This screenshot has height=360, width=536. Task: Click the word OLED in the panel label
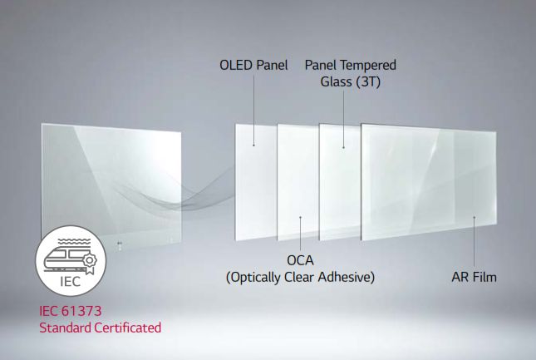pos(236,65)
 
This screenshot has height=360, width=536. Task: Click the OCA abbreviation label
pos(301,260)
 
